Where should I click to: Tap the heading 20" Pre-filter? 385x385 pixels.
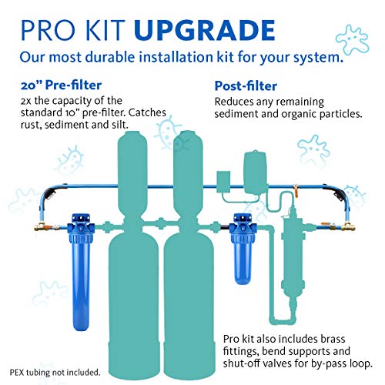pos(55,86)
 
